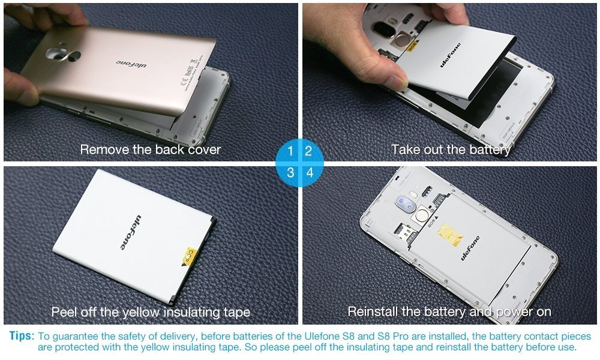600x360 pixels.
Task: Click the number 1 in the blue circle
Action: coord(290,151)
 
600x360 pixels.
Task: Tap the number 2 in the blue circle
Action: coord(308,151)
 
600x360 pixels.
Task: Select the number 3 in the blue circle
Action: coord(290,173)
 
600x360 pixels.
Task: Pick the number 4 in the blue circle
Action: coord(310,173)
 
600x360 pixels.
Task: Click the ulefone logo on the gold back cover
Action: coord(131,64)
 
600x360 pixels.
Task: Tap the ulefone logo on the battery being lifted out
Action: coord(451,55)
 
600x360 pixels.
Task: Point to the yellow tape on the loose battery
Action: coord(190,256)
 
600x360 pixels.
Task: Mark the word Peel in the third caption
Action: coord(64,312)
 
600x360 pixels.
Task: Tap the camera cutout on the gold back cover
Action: coord(62,55)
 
